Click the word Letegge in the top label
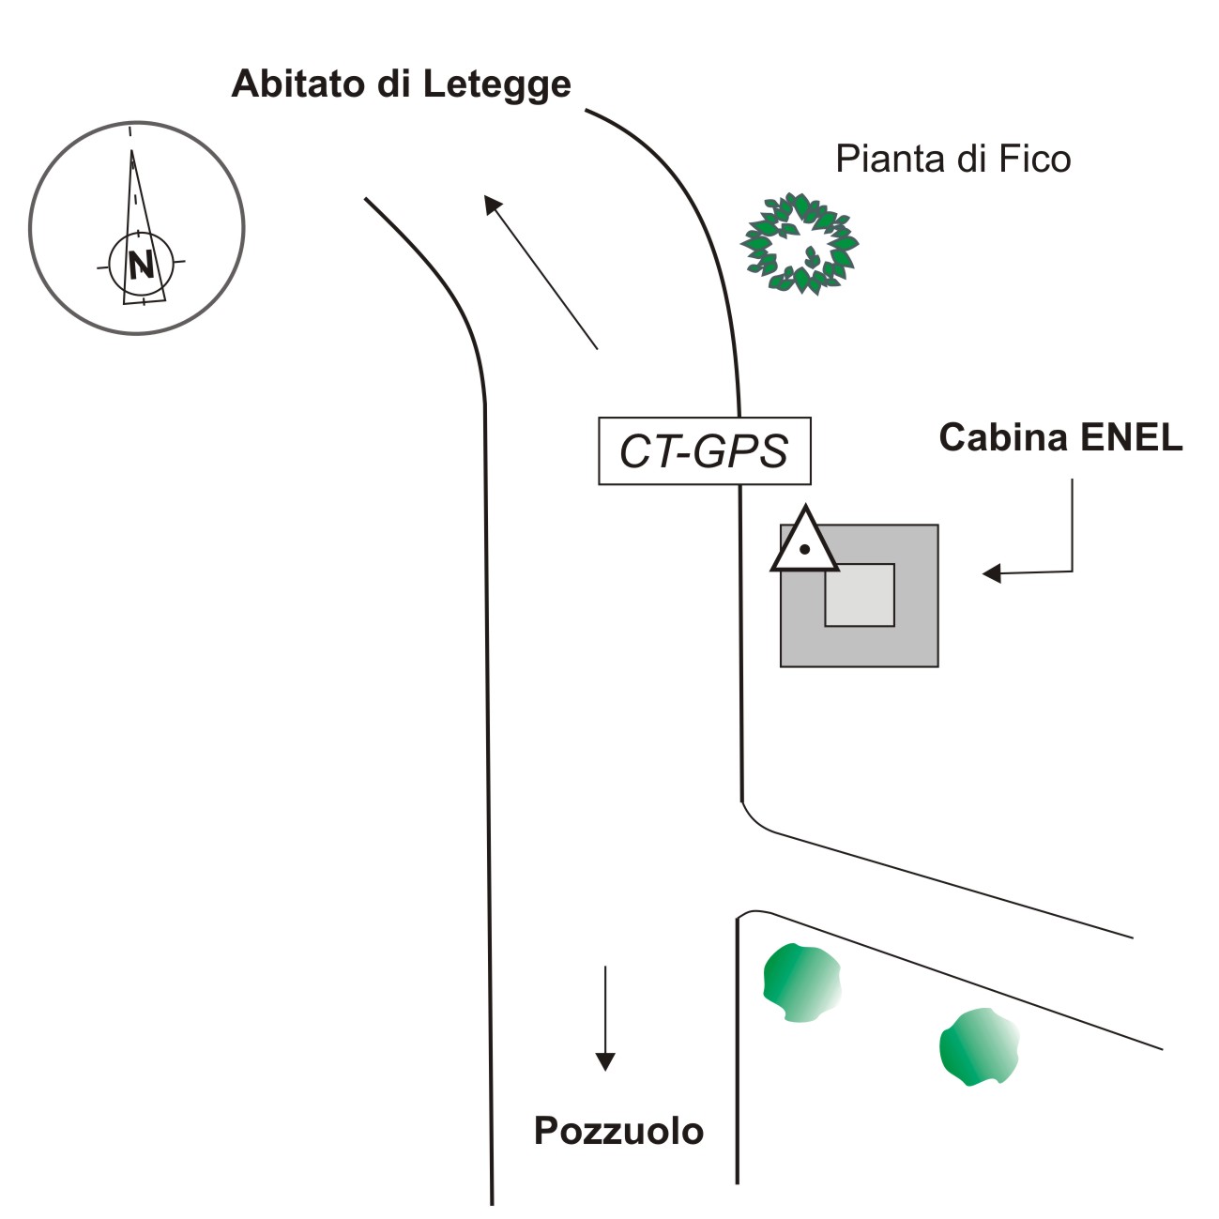click(496, 84)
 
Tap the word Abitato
click(299, 84)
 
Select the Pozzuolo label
click(618, 1131)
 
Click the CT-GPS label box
click(704, 451)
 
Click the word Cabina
click(1003, 437)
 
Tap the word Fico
click(1034, 159)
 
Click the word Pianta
click(890, 159)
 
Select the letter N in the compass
click(141, 266)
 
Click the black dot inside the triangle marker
click(804, 549)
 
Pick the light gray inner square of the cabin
click(860, 595)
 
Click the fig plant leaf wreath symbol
click(800, 243)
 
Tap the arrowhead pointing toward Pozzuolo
click(605, 1060)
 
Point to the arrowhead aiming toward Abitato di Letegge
click(492, 204)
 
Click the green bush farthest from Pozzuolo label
click(979, 1046)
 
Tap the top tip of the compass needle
click(131, 150)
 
